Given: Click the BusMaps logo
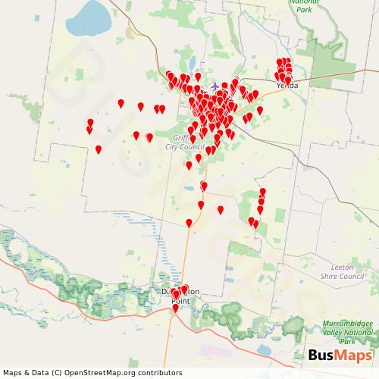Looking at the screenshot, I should (x=340, y=356).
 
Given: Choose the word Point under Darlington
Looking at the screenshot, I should (x=180, y=302).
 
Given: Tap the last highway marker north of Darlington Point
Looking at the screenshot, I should (x=189, y=223).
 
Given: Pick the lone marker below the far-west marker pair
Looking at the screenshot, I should (x=98, y=149).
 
